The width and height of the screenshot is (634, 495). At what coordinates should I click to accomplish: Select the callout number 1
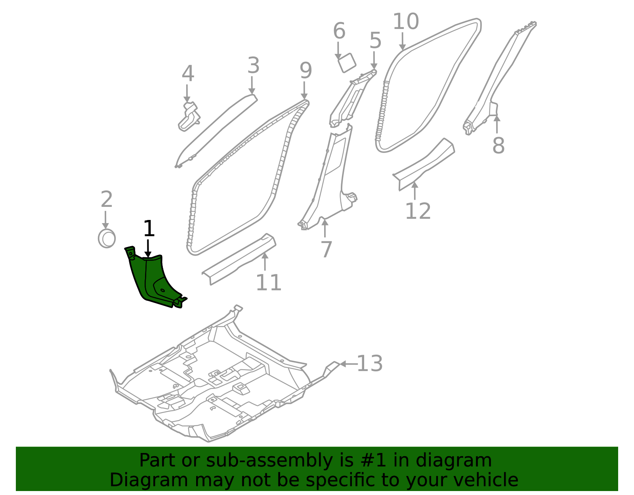pyautogui.click(x=149, y=229)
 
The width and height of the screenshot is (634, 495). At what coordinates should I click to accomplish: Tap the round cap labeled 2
pyautogui.click(x=107, y=239)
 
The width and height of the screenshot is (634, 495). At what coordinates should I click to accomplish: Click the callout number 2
pyautogui.click(x=106, y=200)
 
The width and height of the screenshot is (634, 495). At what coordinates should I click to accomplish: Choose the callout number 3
pyautogui.click(x=253, y=66)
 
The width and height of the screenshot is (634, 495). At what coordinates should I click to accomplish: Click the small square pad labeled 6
pyautogui.click(x=347, y=63)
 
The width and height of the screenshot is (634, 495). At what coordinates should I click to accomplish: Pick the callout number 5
pyautogui.click(x=375, y=41)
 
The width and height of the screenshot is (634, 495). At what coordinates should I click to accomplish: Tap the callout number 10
pyautogui.click(x=405, y=22)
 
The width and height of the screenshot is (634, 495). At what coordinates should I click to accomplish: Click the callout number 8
pyautogui.click(x=498, y=145)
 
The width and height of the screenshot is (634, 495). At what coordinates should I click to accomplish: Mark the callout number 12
pyautogui.click(x=418, y=211)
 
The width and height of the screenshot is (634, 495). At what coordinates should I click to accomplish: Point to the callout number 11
pyautogui.click(x=268, y=283)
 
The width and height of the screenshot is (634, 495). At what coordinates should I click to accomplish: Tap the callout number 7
pyautogui.click(x=326, y=250)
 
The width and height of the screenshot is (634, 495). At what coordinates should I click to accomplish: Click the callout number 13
pyautogui.click(x=370, y=364)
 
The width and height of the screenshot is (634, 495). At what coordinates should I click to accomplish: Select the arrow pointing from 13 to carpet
pyautogui.click(x=348, y=364)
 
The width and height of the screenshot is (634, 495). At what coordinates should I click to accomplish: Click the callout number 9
pyautogui.click(x=306, y=71)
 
